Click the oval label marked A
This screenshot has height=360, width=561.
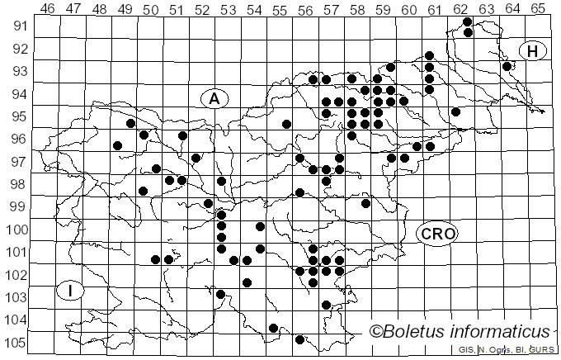(214, 99)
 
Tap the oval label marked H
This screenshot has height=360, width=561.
(533, 51)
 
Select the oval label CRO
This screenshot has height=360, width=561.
(437, 234)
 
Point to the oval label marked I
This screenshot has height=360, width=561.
(72, 290)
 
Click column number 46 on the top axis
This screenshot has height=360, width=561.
(48, 9)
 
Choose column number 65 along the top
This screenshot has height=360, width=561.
(538, 9)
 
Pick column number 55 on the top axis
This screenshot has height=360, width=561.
(280, 9)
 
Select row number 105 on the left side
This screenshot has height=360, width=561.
(16, 343)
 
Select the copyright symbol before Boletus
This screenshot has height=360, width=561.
(376, 332)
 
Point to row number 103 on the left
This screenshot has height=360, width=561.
(16, 297)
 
